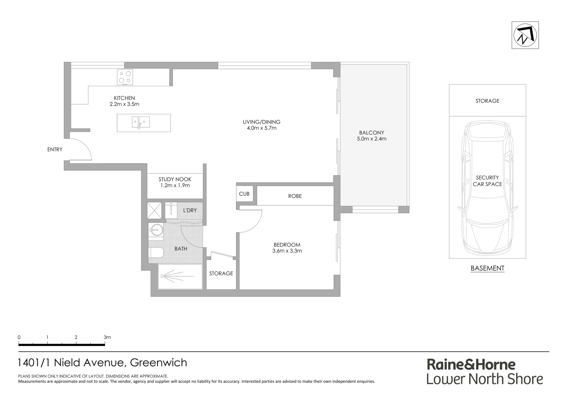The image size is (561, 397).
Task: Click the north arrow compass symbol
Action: [525, 35]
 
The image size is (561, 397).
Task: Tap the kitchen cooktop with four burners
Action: [125, 77]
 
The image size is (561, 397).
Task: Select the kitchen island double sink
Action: [141, 122]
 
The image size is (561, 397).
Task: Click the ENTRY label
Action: [55, 150]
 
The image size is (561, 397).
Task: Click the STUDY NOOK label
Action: [175, 179]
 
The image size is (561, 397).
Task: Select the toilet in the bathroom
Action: [156, 253]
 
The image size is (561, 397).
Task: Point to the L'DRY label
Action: [190, 210]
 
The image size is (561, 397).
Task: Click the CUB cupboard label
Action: [244, 194]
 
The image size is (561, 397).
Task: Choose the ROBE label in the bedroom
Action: [295, 196]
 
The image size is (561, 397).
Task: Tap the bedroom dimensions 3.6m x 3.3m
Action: [287, 251]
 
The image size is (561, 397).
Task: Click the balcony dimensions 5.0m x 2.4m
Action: [372, 139]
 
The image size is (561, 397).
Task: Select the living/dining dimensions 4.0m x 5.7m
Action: [261, 128]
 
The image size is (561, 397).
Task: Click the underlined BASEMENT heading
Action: [487, 268]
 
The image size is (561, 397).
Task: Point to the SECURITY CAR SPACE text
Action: [487, 181]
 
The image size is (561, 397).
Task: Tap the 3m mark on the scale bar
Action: [107, 337]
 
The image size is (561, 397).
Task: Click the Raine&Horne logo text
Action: [471, 364]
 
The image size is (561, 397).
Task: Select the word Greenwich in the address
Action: [159, 362]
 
